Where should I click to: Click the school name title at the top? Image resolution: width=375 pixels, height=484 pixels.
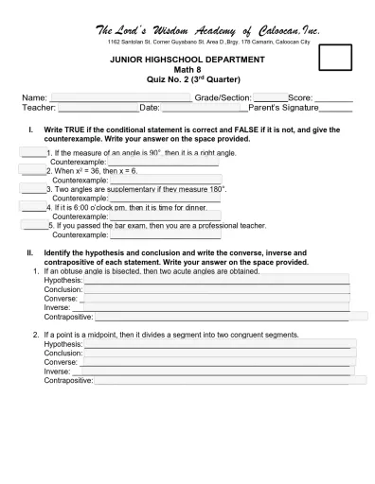206,30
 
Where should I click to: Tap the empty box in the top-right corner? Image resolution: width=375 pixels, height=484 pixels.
336,58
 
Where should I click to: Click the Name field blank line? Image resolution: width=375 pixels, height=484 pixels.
119,98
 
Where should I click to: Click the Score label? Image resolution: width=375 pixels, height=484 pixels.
300,97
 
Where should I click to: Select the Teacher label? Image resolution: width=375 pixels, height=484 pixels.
39,108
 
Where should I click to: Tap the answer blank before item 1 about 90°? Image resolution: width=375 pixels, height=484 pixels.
32,152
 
